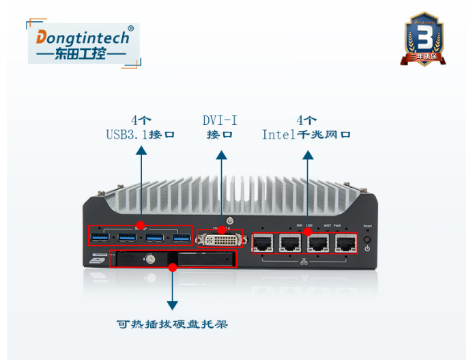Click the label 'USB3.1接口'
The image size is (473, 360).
140,135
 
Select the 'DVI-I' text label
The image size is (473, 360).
220,120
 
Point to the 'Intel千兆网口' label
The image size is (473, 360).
306,135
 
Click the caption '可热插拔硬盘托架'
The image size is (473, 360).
172,324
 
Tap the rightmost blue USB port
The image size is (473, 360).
181,238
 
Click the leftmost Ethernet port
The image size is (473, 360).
263,243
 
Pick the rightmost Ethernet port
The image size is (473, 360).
345,243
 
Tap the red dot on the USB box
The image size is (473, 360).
140,225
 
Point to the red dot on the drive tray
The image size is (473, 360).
173,267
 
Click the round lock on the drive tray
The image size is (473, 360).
148,259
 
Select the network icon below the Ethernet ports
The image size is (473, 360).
304,262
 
